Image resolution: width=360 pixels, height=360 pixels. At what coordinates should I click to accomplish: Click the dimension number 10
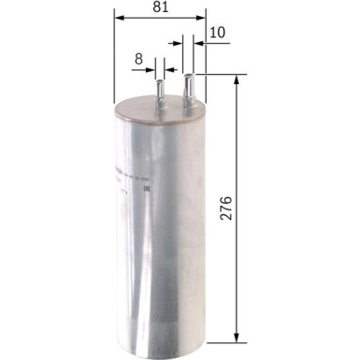218,33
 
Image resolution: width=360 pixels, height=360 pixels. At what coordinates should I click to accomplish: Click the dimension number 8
138,59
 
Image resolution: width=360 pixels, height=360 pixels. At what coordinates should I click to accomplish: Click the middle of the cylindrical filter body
159,224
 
